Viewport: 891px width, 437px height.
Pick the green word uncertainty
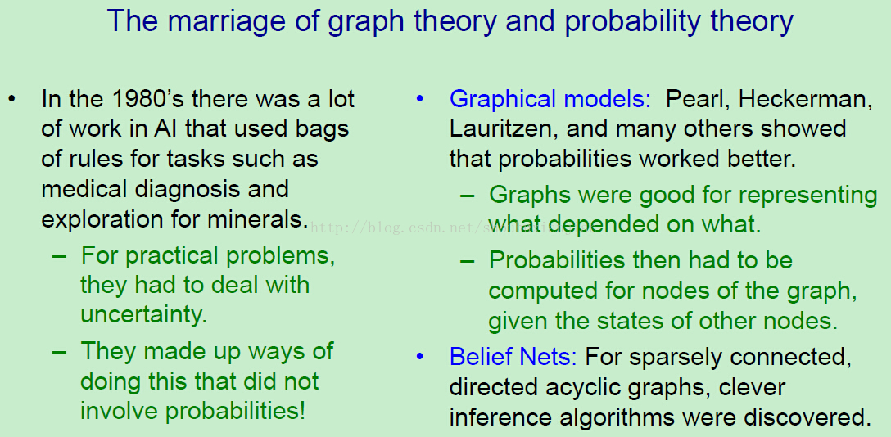coord(144,314)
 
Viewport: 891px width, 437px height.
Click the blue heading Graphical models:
coord(550,100)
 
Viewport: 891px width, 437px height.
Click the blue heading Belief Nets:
coord(513,357)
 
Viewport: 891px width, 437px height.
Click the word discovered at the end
coord(807,417)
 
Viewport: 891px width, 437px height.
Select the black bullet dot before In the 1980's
coord(11,100)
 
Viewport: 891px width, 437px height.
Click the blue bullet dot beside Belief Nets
coord(420,357)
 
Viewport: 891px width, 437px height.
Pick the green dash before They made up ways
coord(60,351)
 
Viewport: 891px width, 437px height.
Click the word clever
coord(753,388)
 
